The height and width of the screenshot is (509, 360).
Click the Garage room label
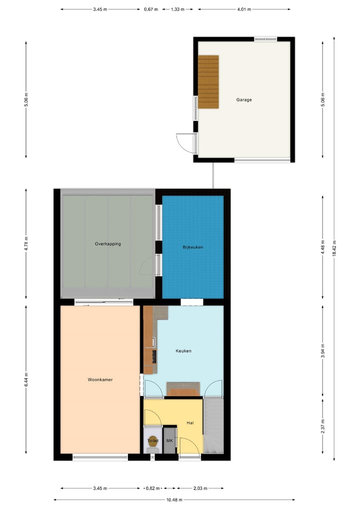(244, 100)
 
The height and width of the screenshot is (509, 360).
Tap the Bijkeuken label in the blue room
(192, 247)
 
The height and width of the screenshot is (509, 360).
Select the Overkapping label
(108, 244)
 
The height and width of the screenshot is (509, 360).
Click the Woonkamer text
(100, 380)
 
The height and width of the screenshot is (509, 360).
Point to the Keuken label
(183, 351)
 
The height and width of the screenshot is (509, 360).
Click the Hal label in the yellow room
(190, 423)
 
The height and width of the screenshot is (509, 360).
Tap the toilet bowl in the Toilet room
(152, 442)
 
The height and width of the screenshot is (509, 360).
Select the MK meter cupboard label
(169, 441)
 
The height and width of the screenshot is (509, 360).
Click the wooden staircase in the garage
(208, 81)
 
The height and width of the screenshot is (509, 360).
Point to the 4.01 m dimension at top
(244, 9)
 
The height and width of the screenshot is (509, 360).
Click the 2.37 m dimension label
(323, 428)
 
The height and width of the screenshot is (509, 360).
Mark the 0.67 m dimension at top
(150, 9)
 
